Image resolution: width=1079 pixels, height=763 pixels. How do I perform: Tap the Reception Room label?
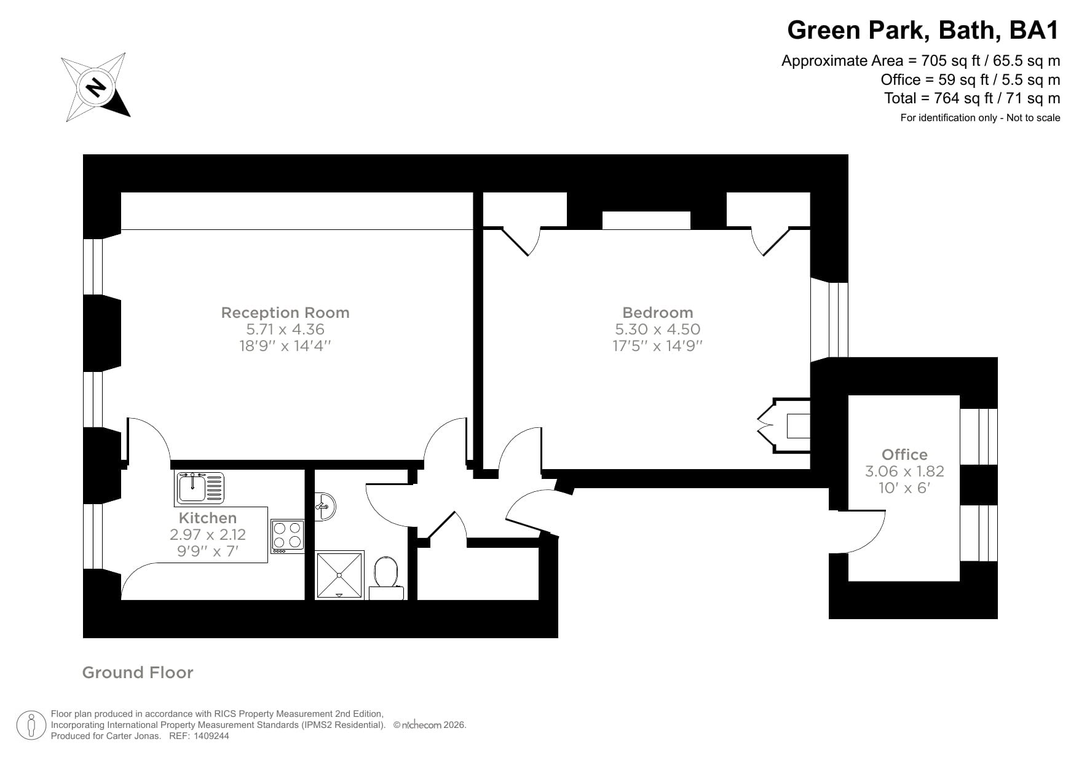point(285,312)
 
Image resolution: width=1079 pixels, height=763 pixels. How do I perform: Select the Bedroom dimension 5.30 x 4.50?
point(657,329)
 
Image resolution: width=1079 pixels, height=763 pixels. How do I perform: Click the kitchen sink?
point(200,488)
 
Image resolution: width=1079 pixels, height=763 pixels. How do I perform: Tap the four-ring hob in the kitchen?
point(288,535)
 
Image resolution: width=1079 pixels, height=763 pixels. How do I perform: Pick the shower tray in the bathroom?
point(339,575)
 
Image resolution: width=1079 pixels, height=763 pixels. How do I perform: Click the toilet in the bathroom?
point(386,575)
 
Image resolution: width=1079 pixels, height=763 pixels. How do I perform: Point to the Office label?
point(904,454)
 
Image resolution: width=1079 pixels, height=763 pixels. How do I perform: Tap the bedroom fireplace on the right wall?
point(787,425)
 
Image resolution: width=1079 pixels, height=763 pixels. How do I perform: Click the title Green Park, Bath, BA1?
point(923,30)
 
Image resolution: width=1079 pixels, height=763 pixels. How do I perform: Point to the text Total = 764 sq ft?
point(971,98)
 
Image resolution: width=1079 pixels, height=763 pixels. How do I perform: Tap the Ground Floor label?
point(138,673)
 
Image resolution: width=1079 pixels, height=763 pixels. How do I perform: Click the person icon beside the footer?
point(31,725)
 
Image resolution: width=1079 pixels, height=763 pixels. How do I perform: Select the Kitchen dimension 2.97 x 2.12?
point(208,534)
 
